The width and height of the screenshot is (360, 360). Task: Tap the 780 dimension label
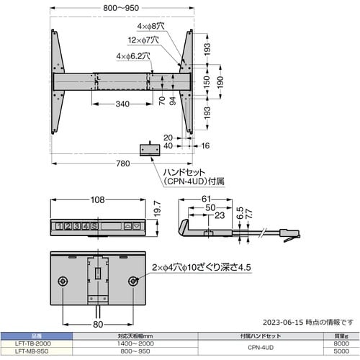coord(123,164)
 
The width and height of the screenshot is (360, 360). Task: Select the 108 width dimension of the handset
coord(98,199)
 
